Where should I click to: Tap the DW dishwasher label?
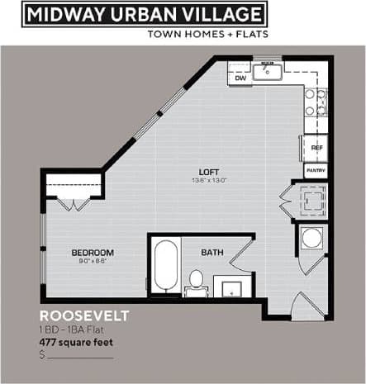(240, 78)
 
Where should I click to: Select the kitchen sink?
(268, 72)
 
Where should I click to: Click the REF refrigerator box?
(316, 148)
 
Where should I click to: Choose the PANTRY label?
(316, 170)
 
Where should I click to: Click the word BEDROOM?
(93, 252)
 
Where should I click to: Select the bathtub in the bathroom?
(164, 266)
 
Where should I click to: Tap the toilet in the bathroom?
(197, 281)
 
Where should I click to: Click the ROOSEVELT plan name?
(84, 315)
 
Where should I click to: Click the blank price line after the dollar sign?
(80, 356)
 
